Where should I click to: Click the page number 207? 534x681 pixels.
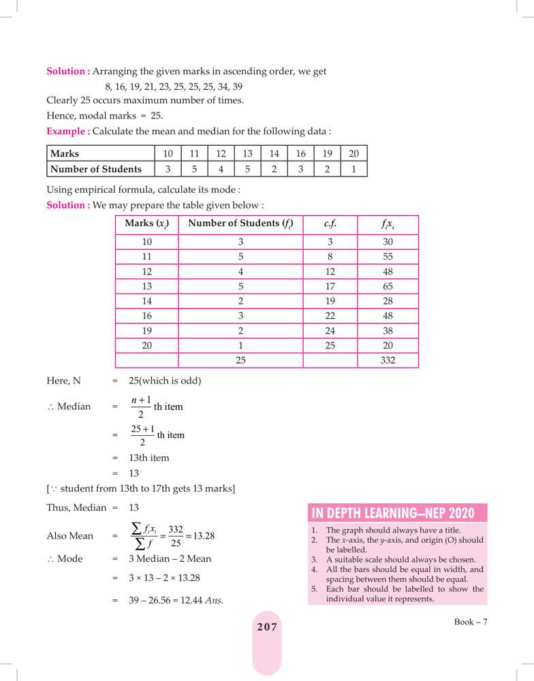267,627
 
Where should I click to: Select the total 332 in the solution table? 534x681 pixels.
388,361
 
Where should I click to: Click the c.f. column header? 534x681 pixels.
330,223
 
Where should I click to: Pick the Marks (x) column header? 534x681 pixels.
146,223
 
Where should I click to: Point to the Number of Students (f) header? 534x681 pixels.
240,223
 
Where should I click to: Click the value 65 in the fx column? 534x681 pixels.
388,287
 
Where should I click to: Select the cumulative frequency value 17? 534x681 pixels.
330,287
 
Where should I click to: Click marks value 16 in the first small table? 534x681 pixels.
300,154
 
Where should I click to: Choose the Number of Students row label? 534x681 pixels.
96,169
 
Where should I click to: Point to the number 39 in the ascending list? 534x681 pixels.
236,86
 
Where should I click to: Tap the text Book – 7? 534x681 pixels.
471,621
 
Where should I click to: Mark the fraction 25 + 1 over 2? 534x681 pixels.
142,434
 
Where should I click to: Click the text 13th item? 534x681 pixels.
149,458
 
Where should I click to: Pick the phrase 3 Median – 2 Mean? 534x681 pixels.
170,558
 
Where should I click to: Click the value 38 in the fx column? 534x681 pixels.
388,331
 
